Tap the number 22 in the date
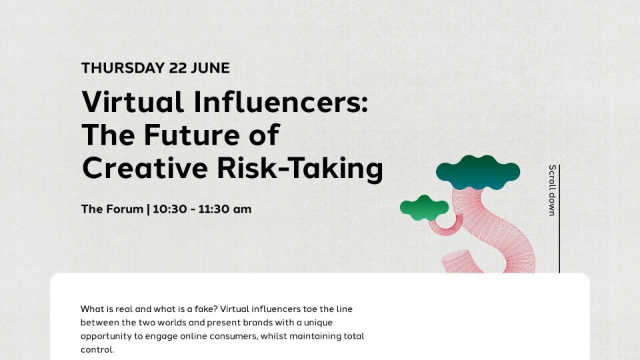pos(177,68)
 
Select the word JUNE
pos(210,68)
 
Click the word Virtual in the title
pos(133,101)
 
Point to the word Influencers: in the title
pos(281,101)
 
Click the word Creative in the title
pos(145,168)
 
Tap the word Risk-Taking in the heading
pos(300,169)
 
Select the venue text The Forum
pos(112,209)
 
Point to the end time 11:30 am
pos(225,209)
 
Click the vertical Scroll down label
pos(552,190)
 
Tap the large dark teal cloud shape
pos(478,172)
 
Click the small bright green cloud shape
pos(424,208)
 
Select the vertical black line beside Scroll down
pos(559,219)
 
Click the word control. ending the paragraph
pos(97,350)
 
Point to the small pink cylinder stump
pos(461,261)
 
